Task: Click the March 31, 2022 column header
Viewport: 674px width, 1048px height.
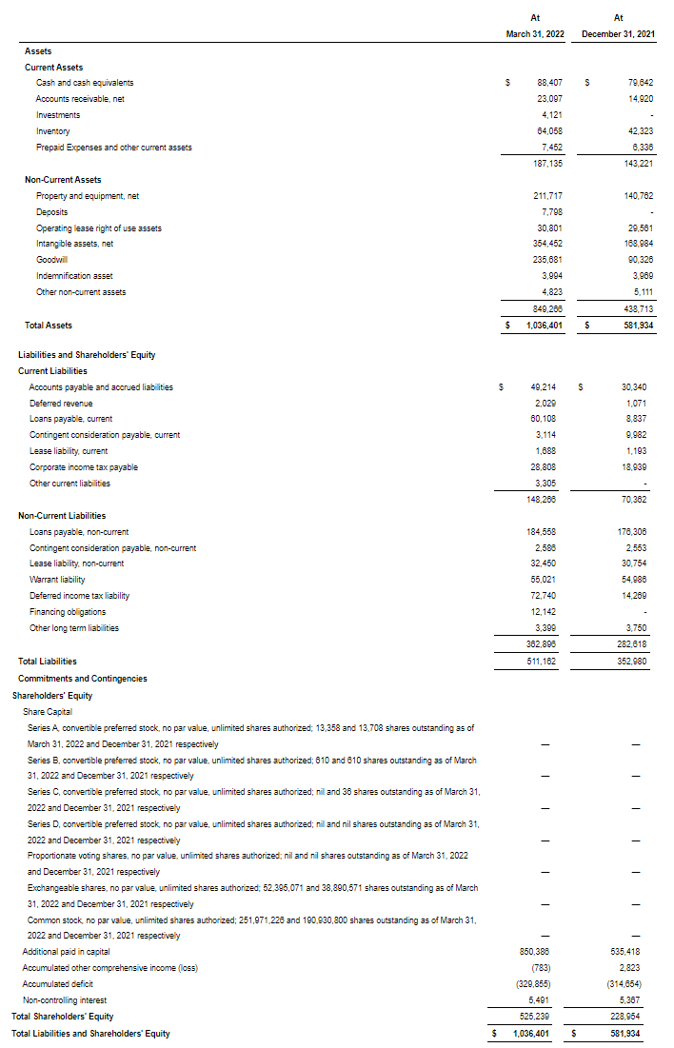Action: point(534,33)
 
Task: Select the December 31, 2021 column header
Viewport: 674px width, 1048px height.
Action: point(618,33)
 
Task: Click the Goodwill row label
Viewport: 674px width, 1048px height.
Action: point(51,260)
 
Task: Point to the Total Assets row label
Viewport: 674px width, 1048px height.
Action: point(49,326)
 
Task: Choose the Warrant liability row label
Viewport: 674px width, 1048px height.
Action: point(57,580)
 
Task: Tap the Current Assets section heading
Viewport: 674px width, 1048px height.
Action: point(53,68)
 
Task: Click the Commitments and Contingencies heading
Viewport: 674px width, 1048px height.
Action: point(83,679)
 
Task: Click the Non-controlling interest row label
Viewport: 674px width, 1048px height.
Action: point(65,1000)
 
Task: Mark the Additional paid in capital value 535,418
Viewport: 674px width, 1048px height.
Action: point(633,952)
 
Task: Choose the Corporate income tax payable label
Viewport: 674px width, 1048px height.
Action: point(84,467)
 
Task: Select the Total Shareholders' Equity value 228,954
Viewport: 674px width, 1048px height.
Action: point(633,1017)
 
